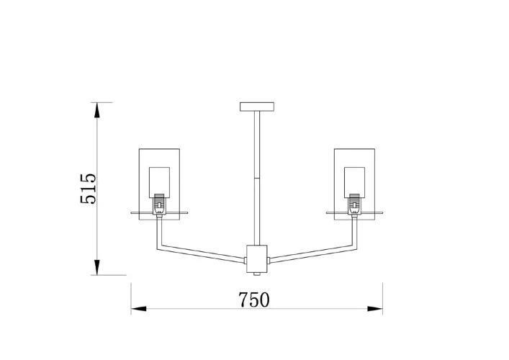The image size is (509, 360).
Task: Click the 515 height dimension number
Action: pyautogui.click(x=89, y=189)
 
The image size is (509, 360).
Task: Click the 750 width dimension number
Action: pyautogui.click(x=254, y=300)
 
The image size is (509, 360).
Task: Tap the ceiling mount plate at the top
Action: pyautogui.click(x=257, y=107)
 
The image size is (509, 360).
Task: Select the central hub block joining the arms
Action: pyautogui.click(x=257, y=258)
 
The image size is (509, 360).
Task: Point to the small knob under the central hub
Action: pyautogui.click(x=257, y=274)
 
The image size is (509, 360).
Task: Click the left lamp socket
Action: pyautogui.click(x=159, y=204)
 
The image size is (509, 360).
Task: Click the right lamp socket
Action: pyautogui.click(x=354, y=204)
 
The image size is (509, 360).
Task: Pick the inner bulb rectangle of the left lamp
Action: pyautogui.click(x=159, y=182)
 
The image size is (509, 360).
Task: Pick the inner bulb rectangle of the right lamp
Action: pyautogui.click(x=354, y=182)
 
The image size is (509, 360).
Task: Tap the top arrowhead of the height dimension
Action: pyautogui.click(x=96, y=109)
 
